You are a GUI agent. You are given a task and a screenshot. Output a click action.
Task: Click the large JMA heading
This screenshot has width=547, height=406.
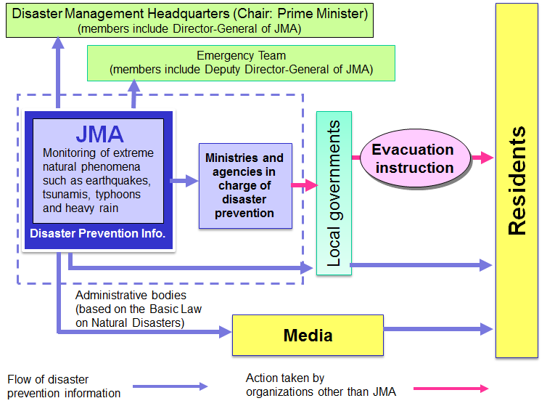[x=99, y=134]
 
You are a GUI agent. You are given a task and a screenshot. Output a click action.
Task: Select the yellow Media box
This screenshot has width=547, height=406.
[x=307, y=335]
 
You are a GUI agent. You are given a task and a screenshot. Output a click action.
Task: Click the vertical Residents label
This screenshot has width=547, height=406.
[x=517, y=181]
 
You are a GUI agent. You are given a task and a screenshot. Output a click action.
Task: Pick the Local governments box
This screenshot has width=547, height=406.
[x=334, y=193]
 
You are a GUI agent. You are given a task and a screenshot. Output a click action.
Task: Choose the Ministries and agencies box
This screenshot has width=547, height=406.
[x=244, y=185]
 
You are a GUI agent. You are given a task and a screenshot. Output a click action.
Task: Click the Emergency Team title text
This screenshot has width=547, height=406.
[x=241, y=55]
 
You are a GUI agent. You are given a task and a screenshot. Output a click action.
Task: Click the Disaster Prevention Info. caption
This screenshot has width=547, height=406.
[x=98, y=234]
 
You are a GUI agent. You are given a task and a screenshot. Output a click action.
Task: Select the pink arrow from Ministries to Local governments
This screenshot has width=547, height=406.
[x=304, y=185]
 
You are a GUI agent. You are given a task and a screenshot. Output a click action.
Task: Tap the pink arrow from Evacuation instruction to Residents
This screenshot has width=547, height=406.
[x=482, y=157]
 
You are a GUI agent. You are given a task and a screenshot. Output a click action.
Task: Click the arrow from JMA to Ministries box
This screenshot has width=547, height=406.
[x=185, y=182]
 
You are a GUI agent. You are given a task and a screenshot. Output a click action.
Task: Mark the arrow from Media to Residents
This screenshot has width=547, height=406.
[x=439, y=330]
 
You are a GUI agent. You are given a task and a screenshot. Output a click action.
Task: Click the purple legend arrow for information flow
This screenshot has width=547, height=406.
[x=170, y=386]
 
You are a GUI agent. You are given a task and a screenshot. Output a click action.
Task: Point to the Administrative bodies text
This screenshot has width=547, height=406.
[x=131, y=296]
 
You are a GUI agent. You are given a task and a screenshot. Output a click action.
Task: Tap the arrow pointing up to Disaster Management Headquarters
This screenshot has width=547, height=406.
[x=58, y=73]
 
